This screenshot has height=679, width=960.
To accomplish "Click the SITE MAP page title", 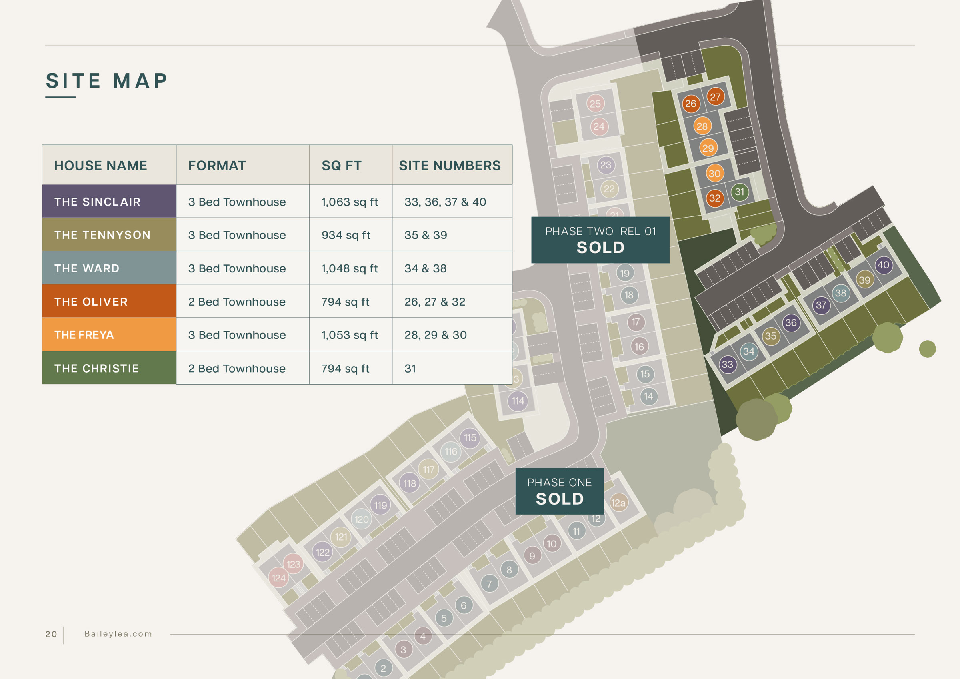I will (107, 81).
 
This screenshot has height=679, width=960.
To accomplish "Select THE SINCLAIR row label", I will (98, 202).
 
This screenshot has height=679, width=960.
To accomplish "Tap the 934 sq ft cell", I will (346, 235).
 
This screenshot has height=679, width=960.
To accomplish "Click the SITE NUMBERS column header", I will (450, 166).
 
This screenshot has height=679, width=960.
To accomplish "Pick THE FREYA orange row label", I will (84, 335).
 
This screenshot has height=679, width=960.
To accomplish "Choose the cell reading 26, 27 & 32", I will (434, 302).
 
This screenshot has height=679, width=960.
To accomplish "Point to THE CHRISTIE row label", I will (96, 369).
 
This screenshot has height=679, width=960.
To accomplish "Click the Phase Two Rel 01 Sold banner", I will (600, 240).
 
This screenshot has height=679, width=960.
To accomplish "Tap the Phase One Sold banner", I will (560, 491).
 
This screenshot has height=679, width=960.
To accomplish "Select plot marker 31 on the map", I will (740, 192).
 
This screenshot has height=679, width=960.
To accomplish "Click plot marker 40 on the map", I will (884, 265).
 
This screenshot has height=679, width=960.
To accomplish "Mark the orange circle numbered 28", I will (702, 126).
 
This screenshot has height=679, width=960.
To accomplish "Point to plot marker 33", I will (728, 365).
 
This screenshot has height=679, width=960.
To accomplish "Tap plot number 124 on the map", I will (278, 578).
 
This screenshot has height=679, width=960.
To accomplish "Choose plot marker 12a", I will (618, 503).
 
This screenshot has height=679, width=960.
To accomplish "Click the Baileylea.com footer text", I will (118, 634).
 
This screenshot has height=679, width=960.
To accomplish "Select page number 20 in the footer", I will (51, 634).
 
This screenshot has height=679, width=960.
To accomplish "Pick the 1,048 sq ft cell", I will (349, 268).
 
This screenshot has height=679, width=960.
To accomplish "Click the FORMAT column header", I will (216, 166).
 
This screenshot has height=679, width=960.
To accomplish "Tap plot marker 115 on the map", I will (470, 438).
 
